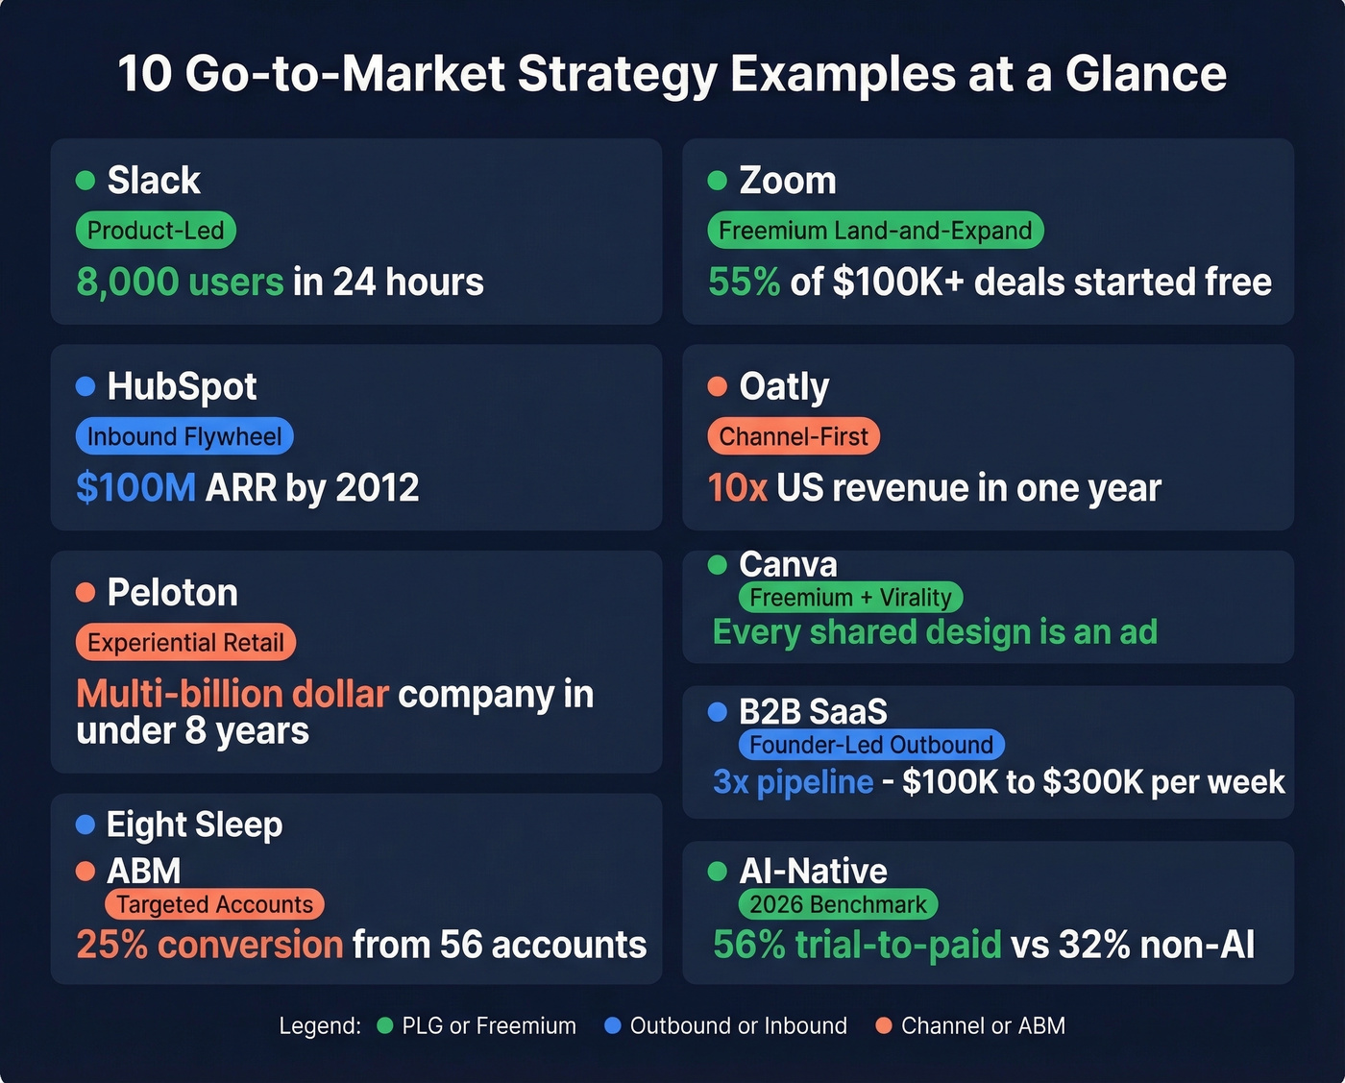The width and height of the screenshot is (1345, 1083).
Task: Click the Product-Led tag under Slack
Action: click(156, 231)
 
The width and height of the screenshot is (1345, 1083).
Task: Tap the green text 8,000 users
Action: click(180, 282)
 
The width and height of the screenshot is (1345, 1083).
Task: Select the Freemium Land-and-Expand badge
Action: click(875, 231)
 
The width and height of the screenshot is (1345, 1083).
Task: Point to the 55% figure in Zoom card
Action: click(744, 282)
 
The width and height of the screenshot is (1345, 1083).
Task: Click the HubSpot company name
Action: click(182, 386)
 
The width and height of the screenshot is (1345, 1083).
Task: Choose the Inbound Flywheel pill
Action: click(184, 436)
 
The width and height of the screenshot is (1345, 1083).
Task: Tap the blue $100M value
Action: click(135, 488)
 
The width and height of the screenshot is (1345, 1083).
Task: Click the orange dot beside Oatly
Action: click(717, 386)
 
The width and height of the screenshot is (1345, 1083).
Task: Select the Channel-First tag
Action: click(794, 436)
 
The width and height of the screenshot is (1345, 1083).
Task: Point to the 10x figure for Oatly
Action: click(737, 488)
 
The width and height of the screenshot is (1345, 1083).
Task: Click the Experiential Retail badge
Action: click(185, 642)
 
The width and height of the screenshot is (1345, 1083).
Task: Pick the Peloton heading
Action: click(172, 593)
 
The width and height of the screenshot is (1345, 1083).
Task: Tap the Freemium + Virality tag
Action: click(850, 597)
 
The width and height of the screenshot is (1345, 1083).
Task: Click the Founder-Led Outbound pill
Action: click(871, 745)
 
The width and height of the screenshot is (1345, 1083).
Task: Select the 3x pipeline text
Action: click(793, 782)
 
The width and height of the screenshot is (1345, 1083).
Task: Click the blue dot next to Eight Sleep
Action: click(86, 825)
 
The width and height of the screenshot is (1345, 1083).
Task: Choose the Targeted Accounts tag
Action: click(215, 904)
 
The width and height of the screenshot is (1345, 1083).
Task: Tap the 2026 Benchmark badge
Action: click(838, 904)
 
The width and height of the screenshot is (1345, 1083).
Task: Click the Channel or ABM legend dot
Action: click(884, 1025)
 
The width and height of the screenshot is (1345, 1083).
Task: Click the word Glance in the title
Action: click(1145, 74)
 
